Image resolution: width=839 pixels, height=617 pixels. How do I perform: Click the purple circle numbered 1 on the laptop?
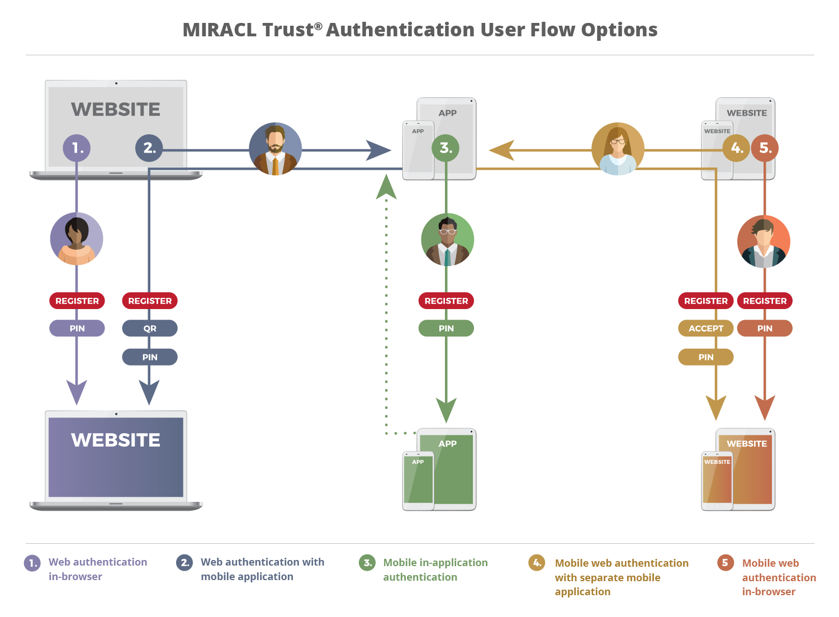(x=77, y=148)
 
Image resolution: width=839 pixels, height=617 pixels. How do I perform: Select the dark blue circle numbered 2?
(x=149, y=148)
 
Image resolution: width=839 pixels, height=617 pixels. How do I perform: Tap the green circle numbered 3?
(x=445, y=148)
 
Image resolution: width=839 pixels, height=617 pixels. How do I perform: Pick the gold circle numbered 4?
(x=736, y=148)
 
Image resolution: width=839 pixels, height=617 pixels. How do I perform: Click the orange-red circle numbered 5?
(x=765, y=148)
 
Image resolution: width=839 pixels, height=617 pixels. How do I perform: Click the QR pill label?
(x=150, y=329)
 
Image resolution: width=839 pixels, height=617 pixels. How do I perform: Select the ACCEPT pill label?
(x=706, y=329)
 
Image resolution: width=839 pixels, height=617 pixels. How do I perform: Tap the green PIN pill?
(x=446, y=329)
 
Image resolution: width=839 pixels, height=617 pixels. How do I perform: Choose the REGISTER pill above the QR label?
(x=150, y=301)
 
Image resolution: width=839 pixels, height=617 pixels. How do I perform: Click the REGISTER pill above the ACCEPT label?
(x=706, y=301)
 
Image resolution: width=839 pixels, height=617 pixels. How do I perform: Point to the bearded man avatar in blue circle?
(x=275, y=149)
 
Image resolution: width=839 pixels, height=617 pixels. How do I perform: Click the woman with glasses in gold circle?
(x=618, y=149)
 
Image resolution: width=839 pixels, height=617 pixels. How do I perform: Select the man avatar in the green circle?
(x=447, y=240)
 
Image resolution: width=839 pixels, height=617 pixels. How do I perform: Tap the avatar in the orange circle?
(x=764, y=241)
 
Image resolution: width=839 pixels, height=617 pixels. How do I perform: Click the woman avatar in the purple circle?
(x=77, y=239)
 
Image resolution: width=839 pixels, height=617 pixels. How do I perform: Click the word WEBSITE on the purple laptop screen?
(x=116, y=440)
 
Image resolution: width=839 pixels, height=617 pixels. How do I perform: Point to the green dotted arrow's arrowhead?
(x=386, y=187)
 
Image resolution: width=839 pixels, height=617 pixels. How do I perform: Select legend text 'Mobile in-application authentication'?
(x=435, y=569)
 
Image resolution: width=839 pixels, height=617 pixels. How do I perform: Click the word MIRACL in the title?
(x=221, y=30)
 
